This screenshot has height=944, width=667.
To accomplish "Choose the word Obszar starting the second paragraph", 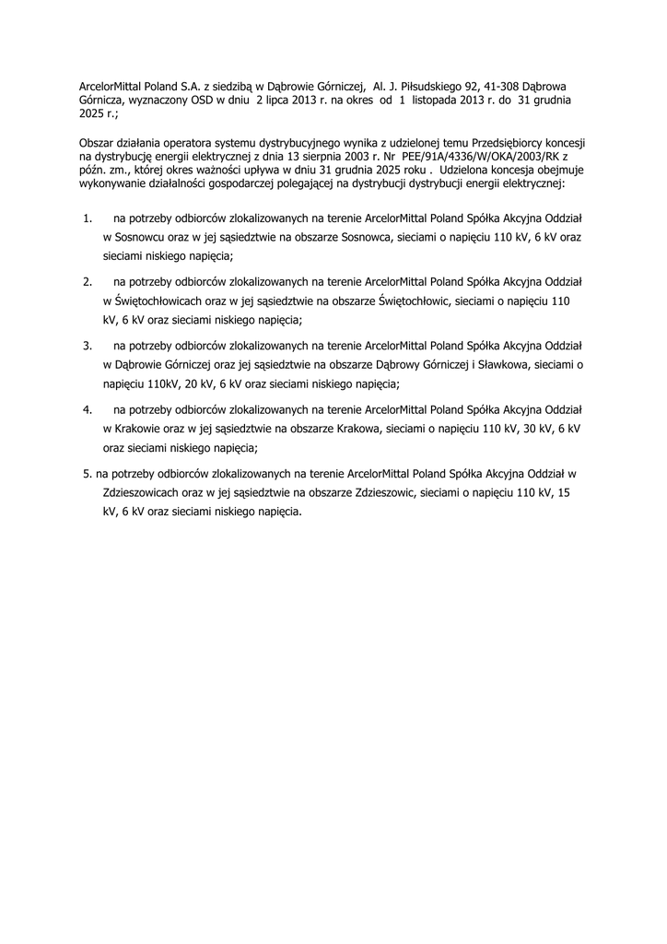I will [x=99, y=144].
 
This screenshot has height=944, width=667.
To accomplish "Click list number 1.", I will [x=88, y=219].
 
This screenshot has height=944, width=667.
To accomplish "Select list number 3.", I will [x=88, y=346].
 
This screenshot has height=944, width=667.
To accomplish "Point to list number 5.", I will [x=88, y=473].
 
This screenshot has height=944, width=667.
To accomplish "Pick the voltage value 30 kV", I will [x=531, y=429].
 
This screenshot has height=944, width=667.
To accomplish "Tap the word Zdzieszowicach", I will [x=147, y=492].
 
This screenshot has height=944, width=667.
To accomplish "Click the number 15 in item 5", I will [x=564, y=492].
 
